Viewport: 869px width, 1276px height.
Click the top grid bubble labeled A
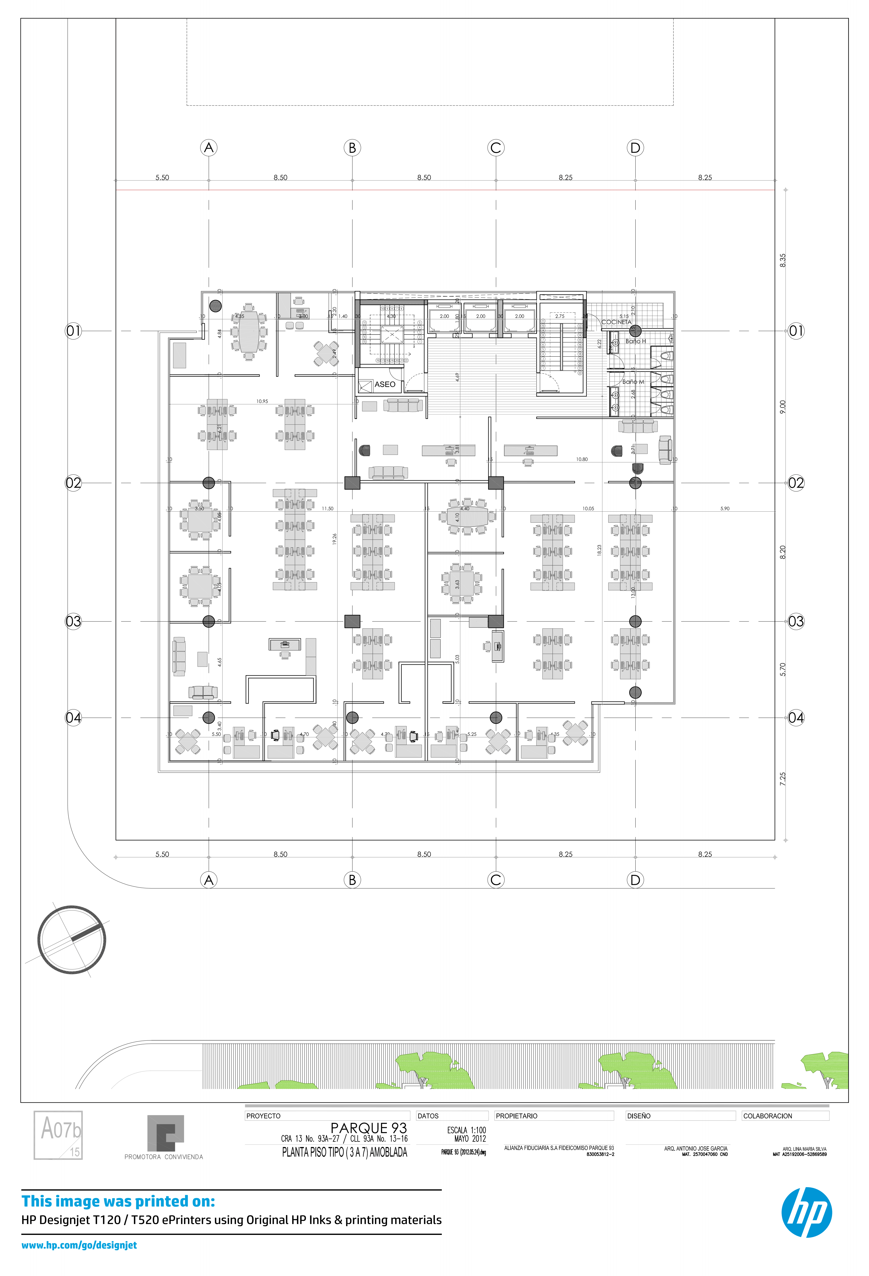click(209, 148)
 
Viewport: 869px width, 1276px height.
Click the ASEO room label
click(385, 384)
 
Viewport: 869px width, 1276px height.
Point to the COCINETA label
click(616, 322)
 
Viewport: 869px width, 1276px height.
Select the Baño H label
click(636, 341)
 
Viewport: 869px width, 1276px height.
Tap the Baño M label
click(633, 382)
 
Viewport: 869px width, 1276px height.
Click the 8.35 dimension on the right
click(783, 260)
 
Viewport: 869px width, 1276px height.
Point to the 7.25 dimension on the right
click(783, 779)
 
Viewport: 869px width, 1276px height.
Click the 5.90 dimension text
click(725, 508)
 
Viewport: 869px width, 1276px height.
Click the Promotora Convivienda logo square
click(165, 1133)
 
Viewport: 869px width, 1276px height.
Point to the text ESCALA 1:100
click(466, 1130)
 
